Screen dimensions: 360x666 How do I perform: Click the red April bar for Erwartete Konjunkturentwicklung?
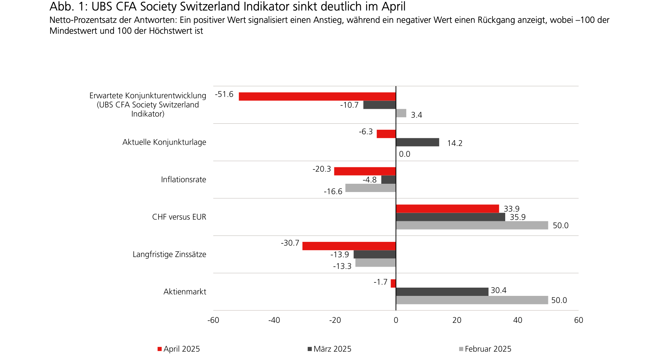[317, 96]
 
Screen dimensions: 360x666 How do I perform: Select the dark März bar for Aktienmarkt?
[442, 292]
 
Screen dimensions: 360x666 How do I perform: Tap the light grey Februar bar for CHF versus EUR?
[472, 225]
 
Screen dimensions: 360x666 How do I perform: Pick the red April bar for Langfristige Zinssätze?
[349, 246]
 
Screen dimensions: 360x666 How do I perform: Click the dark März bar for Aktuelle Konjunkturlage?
[418, 142]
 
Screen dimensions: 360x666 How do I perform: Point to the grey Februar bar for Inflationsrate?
[370, 188]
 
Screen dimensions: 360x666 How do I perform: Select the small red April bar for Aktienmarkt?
[393, 283]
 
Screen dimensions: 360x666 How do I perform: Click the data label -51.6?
[224, 94]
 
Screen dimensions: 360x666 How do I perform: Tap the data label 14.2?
[455, 143]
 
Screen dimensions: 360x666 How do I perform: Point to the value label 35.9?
[518, 217]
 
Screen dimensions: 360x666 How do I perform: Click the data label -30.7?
[290, 243]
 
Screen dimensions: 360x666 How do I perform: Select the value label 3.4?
[416, 115]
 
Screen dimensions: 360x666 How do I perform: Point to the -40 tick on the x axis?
[274, 320]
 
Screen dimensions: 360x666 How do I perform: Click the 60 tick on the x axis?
[578, 320]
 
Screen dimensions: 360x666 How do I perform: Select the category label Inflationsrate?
[183, 180]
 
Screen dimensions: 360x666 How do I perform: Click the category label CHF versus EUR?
[179, 217]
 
